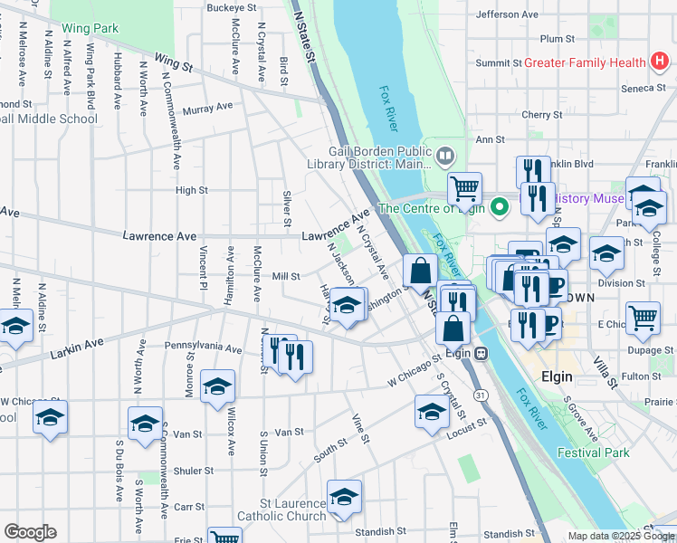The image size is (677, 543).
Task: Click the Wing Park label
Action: (91, 29)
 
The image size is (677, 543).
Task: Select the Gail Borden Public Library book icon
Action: (444, 156)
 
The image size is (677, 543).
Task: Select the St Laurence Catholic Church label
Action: (281, 510)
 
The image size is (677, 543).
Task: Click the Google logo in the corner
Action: (30, 532)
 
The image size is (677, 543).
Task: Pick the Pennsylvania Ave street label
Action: (203, 348)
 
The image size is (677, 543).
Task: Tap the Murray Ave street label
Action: (207, 109)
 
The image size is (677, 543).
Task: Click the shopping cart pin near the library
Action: (464, 188)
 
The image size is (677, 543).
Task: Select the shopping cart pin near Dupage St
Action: (643, 317)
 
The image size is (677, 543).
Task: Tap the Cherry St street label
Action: (542, 115)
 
